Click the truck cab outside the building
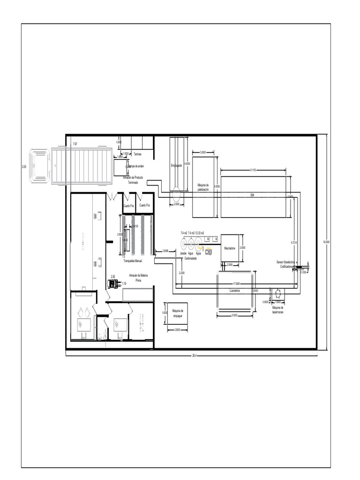click(39, 166)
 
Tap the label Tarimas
click(138, 154)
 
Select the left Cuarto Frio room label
click(128, 205)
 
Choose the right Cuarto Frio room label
click(144, 205)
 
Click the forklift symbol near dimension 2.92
click(113, 284)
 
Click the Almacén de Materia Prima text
click(138, 277)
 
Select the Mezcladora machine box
click(231, 248)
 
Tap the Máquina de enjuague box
click(177, 313)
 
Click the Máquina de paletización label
click(203, 187)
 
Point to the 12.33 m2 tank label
click(199, 232)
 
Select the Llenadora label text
click(235, 291)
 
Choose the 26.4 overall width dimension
click(194, 355)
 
